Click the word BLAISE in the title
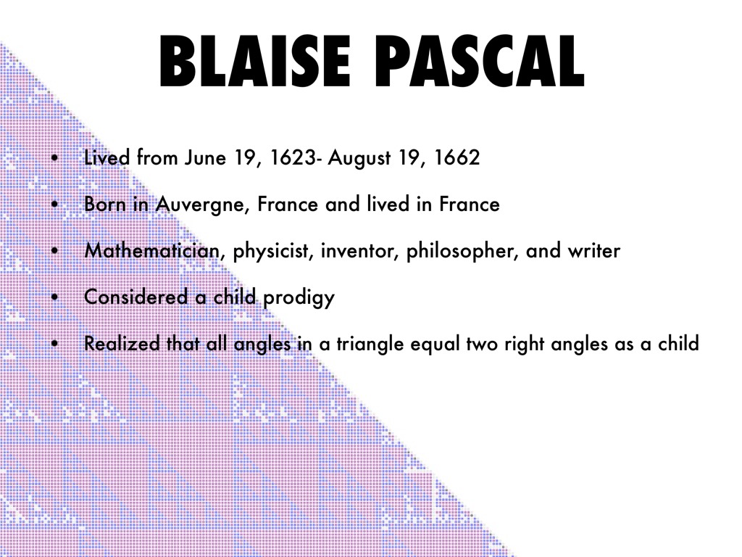click(x=255, y=62)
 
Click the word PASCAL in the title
click(x=482, y=62)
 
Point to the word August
click(x=359, y=158)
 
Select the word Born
click(x=104, y=204)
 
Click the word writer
click(x=594, y=250)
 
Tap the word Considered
click(x=136, y=297)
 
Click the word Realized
click(x=122, y=343)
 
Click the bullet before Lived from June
click(x=55, y=157)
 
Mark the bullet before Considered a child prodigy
click(x=55, y=297)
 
